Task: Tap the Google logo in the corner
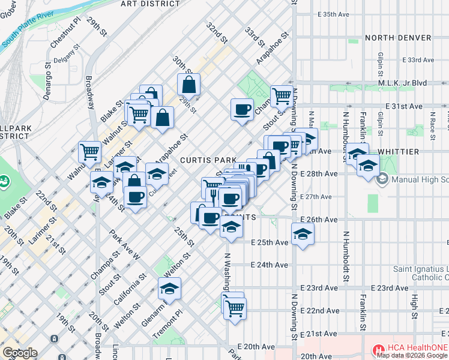19,353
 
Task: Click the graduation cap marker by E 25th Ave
303,233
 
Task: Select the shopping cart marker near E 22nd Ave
235,308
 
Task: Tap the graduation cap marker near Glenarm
169,289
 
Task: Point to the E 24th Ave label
270,265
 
